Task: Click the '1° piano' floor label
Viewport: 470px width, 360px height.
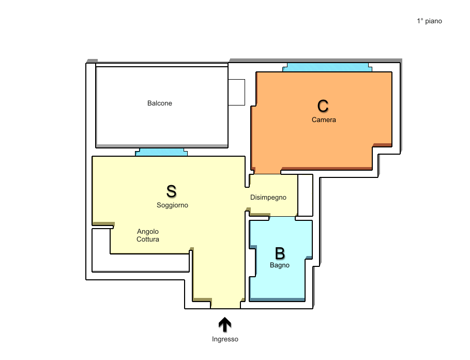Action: (429, 21)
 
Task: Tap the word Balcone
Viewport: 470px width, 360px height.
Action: (159, 103)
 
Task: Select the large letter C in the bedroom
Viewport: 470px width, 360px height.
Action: (323, 106)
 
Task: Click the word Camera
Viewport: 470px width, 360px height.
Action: (324, 119)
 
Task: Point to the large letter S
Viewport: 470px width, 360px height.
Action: (172, 191)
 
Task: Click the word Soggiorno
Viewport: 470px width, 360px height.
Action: (172, 205)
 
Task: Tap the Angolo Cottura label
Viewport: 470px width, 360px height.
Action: (148, 235)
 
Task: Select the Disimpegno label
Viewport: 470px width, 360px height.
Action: (268, 197)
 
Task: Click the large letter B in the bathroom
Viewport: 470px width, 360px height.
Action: (280, 253)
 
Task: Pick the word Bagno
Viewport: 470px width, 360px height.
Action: (280, 265)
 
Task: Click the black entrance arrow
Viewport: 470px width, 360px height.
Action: (225, 325)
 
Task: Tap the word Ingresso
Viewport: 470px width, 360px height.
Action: (225, 339)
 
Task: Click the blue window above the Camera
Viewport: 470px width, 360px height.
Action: (327, 67)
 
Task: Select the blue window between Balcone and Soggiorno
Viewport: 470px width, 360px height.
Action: (161, 152)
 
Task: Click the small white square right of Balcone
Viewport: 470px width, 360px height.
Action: (236, 92)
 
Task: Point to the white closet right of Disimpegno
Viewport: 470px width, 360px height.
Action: (305, 195)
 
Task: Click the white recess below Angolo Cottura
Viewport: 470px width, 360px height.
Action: (140, 263)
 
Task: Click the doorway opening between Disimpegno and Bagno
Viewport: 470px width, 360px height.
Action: (282, 218)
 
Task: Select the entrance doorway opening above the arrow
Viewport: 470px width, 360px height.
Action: (225, 305)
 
